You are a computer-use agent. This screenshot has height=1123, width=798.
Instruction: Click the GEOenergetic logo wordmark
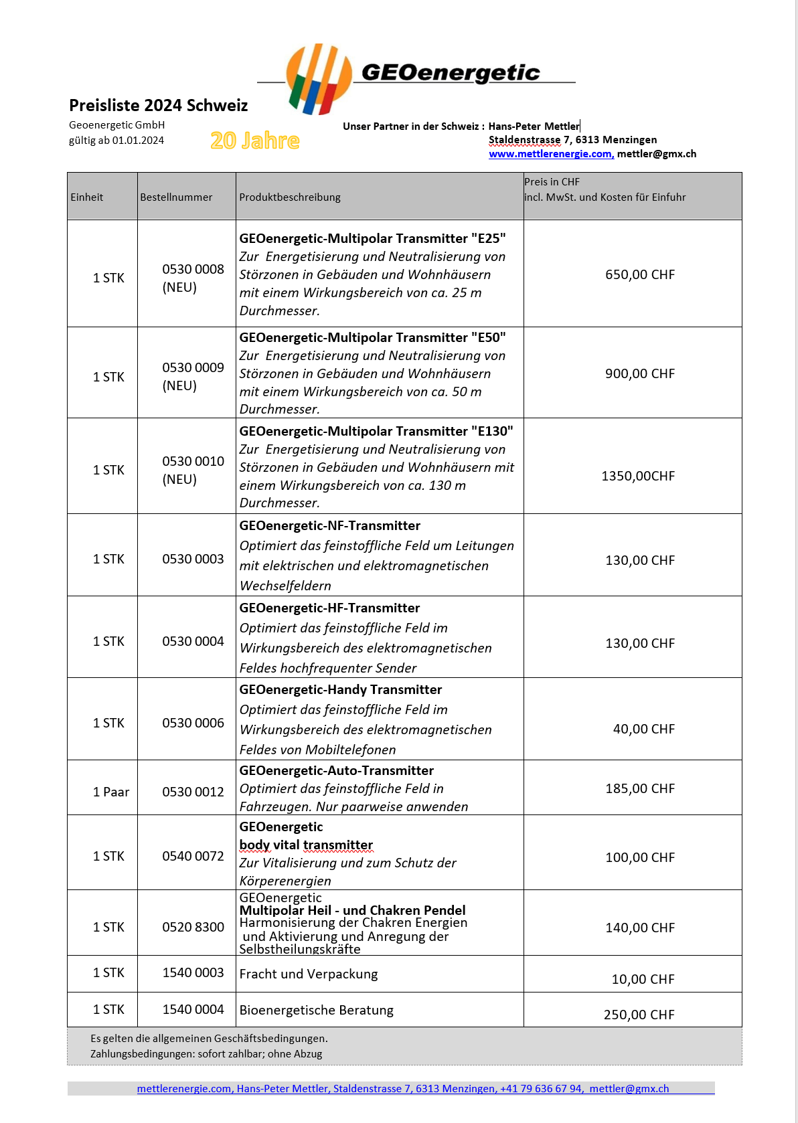450,72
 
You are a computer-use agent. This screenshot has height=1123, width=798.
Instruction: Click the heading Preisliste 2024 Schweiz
159,106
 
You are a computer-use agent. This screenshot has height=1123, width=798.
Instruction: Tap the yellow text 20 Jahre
255,141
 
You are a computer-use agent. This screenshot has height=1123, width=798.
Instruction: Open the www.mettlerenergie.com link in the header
550,154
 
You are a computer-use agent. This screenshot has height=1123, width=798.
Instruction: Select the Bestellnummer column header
176,197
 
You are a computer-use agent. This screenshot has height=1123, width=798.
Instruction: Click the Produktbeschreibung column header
290,197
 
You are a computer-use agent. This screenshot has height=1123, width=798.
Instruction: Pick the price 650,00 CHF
639,275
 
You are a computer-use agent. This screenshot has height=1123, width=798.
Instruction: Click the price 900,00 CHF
639,374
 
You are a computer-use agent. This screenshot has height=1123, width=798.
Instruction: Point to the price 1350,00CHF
638,477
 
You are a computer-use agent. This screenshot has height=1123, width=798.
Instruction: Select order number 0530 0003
193,559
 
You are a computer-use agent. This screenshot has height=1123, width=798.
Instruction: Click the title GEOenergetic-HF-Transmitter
329,608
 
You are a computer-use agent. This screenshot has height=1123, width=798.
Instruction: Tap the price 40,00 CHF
643,729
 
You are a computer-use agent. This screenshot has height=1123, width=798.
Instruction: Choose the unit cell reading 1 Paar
111,792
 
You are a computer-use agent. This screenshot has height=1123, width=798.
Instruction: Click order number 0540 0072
193,857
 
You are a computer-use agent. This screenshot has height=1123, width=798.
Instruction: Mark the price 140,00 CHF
639,928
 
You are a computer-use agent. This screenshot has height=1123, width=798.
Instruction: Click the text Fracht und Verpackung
309,974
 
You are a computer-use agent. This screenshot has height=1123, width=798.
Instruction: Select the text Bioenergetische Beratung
317,1011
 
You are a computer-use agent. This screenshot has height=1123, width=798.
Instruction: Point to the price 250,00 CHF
639,1015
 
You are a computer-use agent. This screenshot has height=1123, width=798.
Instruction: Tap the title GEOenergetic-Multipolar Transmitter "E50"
372,338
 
